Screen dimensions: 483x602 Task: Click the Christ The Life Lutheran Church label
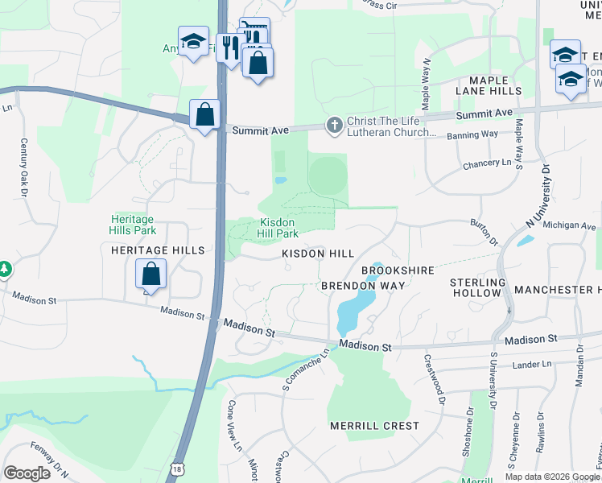point(391,128)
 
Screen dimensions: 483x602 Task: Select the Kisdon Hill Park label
point(278,228)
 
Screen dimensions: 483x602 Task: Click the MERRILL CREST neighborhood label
point(374,425)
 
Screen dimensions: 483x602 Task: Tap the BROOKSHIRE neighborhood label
point(398,270)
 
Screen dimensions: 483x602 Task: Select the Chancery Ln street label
point(487,163)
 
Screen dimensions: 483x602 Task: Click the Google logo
point(27,473)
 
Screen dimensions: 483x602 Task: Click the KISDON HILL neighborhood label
point(318,254)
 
